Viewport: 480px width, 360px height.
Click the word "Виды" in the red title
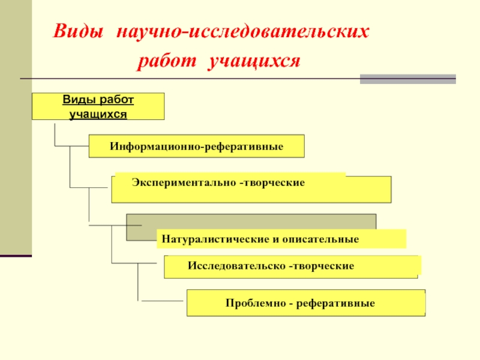point(77,32)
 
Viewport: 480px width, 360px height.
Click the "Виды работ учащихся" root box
point(98,106)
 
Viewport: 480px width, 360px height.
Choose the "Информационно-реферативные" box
point(196,146)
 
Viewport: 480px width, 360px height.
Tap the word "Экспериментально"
point(184,181)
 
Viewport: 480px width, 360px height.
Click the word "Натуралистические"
point(213,239)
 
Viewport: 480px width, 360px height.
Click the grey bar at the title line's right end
point(407,79)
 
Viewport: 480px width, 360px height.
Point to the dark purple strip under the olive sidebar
point(16,256)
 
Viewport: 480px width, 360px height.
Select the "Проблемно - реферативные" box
point(305,303)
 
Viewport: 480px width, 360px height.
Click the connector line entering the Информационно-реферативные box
point(72,146)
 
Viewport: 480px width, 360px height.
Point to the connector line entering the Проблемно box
point(162,300)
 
